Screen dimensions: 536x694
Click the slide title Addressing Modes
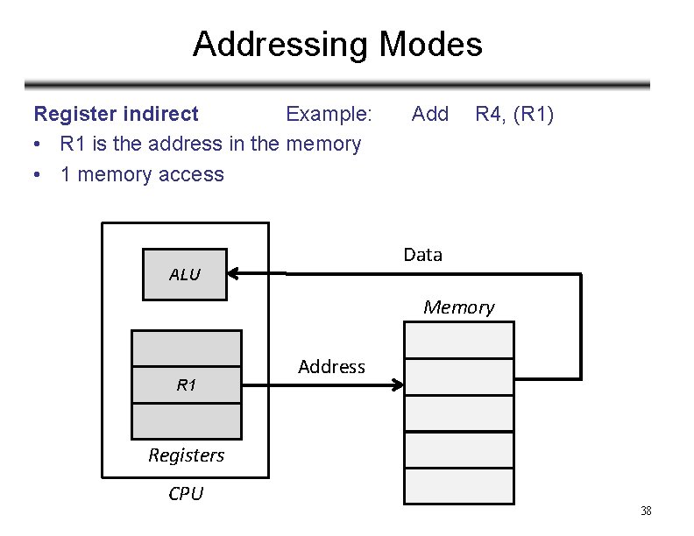coord(337,44)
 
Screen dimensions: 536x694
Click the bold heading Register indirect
coord(116,114)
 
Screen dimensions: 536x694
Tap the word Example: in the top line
coord(329,114)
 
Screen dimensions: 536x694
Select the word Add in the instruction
coord(429,114)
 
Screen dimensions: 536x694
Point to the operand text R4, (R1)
coord(513,114)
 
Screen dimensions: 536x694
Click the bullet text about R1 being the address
coord(210,144)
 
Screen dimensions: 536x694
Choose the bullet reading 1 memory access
coord(142,174)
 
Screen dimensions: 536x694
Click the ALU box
coord(185,274)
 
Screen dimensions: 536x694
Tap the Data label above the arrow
coord(422,255)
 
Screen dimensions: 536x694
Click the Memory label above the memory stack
coord(458,307)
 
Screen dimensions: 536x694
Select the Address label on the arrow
coord(331,367)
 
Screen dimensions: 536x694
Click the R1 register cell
coord(186,384)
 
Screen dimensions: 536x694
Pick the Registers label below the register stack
coord(186,455)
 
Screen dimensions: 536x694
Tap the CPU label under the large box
coord(185,494)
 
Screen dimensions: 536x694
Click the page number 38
coord(646,511)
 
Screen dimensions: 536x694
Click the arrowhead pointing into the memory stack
coord(397,384)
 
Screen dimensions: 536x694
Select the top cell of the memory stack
coord(458,339)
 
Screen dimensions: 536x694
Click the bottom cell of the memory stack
coord(458,486)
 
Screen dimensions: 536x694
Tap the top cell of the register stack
coord(186,348)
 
